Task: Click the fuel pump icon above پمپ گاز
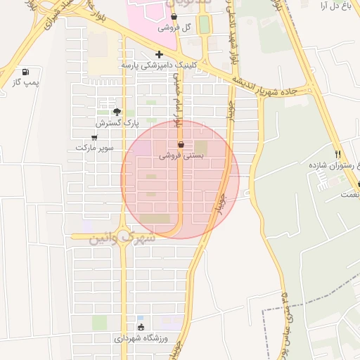point(26,72)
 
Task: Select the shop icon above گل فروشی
point(174,16)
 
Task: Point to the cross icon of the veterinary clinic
point(160,54)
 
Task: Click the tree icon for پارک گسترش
point(117,112)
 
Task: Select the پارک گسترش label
point(115,123)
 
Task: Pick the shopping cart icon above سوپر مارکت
point(94,137)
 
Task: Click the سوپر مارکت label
point(94,148)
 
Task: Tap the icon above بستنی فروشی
point(181,144)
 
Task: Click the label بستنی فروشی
point(181,156)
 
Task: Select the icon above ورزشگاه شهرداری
point(141,327)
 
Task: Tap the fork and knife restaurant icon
point(338,154)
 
